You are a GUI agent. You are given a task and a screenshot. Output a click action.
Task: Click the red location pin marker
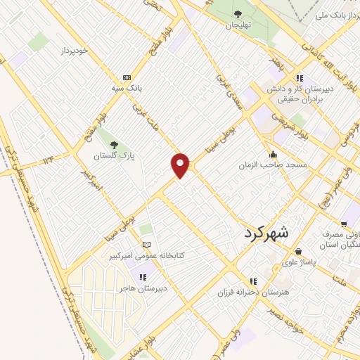tap(181, 165)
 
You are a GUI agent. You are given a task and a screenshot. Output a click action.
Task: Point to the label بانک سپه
tap(127, 89)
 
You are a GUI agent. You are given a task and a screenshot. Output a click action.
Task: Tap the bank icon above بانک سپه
tap(127, 77)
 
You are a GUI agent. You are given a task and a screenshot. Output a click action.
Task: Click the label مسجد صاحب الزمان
tap(275, 165)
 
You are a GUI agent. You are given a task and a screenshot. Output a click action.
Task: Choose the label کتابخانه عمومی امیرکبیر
tap(150, 255)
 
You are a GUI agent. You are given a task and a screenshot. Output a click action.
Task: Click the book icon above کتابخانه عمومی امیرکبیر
tap(146, 245)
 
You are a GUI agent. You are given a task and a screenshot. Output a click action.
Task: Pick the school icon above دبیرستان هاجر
tap(143, 277)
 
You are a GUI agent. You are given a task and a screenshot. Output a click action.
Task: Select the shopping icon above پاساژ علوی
tap(299, 250)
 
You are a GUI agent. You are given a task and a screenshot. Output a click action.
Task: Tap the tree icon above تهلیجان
tap(237, 13)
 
